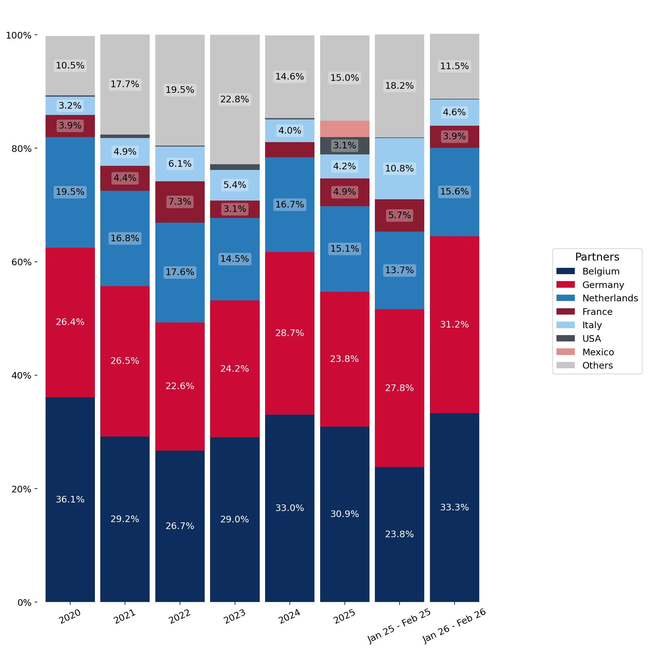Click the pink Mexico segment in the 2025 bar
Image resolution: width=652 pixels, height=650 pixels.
(x=345, y=129)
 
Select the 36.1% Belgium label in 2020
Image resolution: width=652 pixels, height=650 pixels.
(x=70, y=499)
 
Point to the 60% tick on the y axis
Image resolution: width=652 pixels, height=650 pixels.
(x=36, y=262)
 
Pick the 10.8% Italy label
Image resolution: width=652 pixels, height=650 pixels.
(x=400, y=168)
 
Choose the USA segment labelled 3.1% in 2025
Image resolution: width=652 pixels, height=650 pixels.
(x=345, y=146)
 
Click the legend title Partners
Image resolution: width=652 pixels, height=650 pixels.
(x=597, y=257)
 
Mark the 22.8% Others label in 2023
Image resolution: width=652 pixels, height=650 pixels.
(x=235, y=99)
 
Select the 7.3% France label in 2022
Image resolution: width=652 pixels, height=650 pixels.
(x=180, y=202)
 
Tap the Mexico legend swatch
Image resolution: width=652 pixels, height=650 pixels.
(x=566, y=352)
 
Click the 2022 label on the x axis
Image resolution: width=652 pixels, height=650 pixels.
(x=180, y=617)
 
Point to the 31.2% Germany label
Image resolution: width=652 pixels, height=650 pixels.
(x=455, y=324)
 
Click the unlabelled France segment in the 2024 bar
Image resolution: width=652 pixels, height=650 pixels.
(x=289, y=150)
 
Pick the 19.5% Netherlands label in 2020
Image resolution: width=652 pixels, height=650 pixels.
(x=70, y=192)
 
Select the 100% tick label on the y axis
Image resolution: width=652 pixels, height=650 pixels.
(x=19, y=35)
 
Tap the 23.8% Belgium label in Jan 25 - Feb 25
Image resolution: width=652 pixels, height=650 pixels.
(x=400, y=534)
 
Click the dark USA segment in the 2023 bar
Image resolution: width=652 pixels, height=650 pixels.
(x=235, y=167)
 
